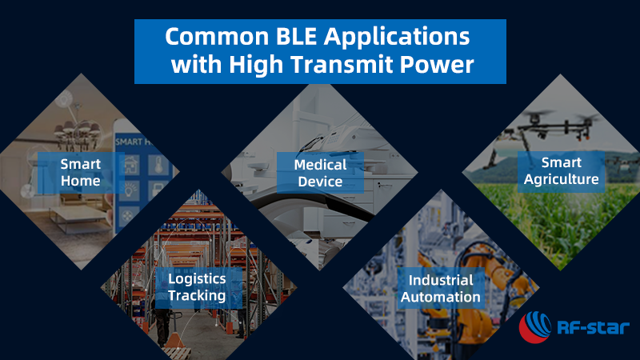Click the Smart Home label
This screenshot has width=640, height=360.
(81, 172)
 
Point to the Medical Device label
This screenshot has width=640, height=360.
(320, 173)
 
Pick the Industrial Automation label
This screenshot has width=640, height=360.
(441, 288)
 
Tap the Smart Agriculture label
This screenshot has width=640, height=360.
(562, 171)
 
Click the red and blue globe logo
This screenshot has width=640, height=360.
(534, 327)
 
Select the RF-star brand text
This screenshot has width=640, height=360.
(593, 327)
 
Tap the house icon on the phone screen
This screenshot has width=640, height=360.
(131, 165)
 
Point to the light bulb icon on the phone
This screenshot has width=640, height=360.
(130, 190)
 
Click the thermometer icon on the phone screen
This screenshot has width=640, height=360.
(158, 165)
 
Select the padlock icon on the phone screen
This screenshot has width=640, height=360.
(158, 190)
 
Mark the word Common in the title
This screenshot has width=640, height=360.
(217, 36)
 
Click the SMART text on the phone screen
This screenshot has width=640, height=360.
(129, 142)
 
